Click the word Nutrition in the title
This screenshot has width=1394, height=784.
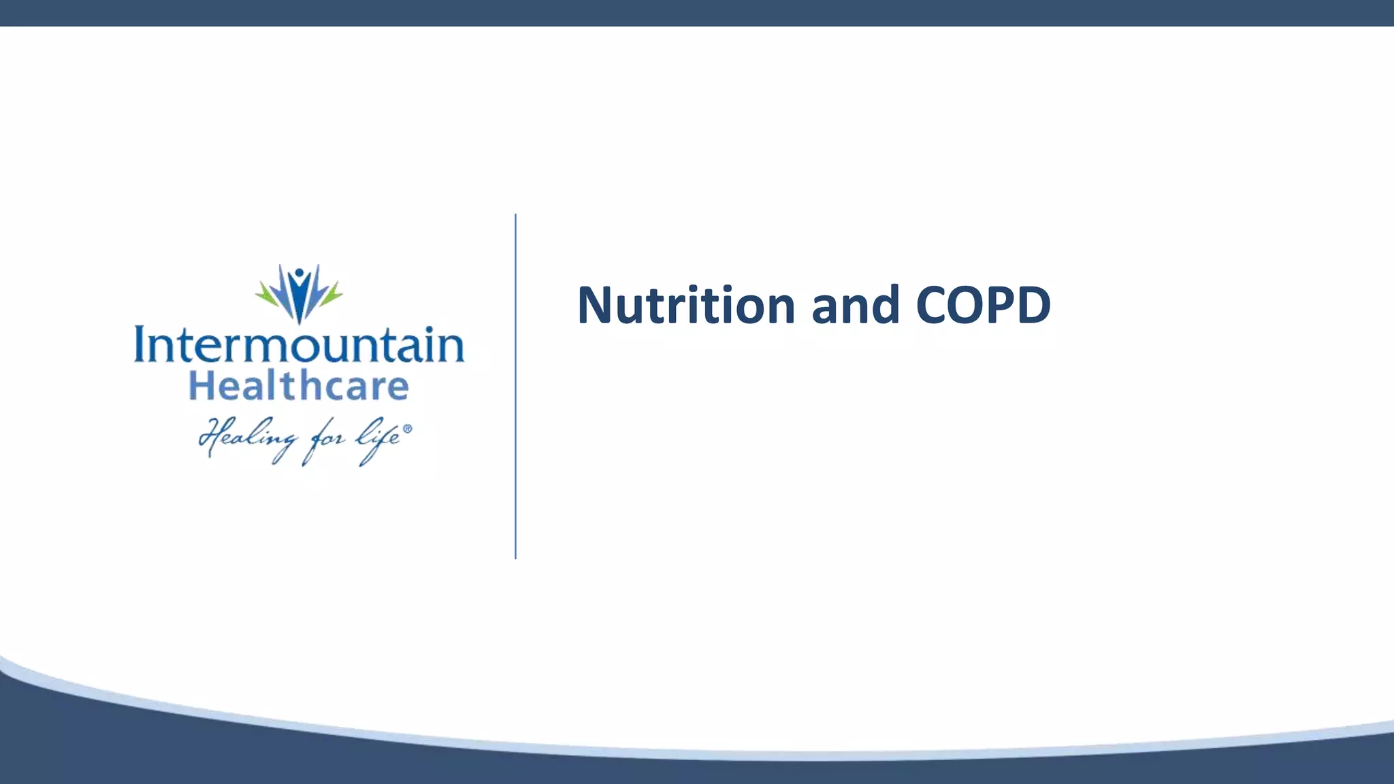(x=686, y=306)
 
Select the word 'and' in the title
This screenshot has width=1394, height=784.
(x=856, y=306)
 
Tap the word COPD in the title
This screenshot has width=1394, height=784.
(x=983, y=306)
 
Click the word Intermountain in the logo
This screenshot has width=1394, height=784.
(x=299, y=345)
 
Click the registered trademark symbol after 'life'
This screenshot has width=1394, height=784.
(x=408, y=429)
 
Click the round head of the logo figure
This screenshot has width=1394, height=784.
(x=299, y=274)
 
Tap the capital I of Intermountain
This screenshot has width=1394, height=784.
(x=141, y=345)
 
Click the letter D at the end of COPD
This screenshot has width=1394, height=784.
(x=1033, y=306)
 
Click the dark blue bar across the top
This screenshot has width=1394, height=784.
(x=697, y=13)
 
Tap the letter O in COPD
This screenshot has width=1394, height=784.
(x=960, y=306)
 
